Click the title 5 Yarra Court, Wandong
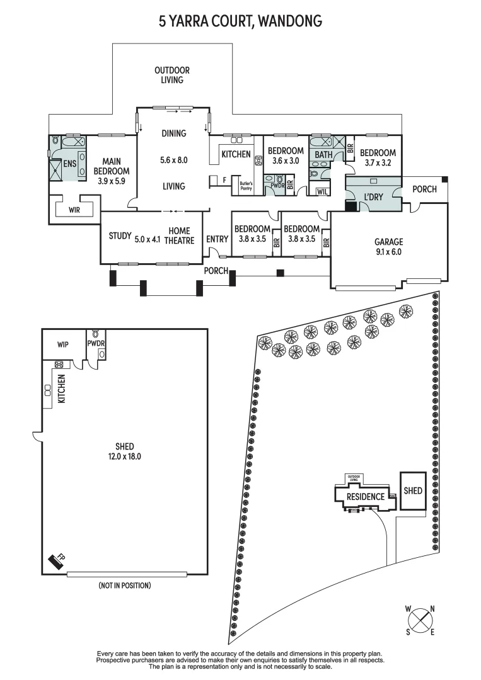(240, 21)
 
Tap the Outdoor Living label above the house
(172, 75)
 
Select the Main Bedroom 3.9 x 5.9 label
(111, 166)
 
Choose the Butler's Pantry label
(245, 186)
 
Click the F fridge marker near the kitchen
(224, 180)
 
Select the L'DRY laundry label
(374, 197)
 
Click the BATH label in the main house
(323, 155)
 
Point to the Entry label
(217, 239)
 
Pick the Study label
(120, 237)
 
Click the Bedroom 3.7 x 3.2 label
(378, 157)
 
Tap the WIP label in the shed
(63, 344)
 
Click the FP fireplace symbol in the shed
(58, 561)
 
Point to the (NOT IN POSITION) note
(125, 586)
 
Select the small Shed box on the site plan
(413, 490)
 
